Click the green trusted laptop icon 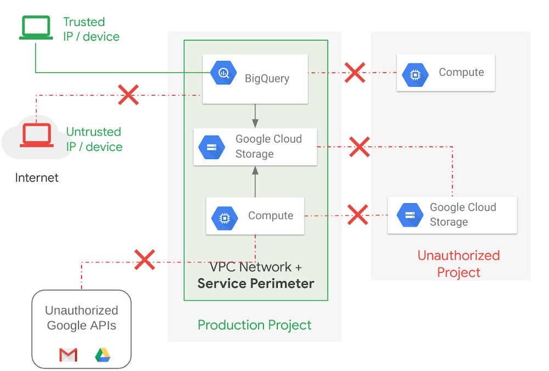(x=36, y=27)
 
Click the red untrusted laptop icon (x=36, y=136)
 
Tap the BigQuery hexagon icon (x=223, y=72)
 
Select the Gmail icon (x=68, y=356)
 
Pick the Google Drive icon (x=103, y=355)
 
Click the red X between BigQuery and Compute (x=355, y=72)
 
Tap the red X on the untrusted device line (x=128, y=95)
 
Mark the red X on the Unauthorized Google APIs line (x=144, y=260)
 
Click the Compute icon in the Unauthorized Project (x=415, y=75)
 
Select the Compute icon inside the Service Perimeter (x=225, y=218)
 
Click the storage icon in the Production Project (x=212, y=147)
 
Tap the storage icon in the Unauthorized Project (x=410, y=215)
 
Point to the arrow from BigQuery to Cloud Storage (x=255, y=116)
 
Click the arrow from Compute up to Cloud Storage (x=255, y=181)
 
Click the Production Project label (x=254, y=325)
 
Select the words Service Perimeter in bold (x=256, y=283)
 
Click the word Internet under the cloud (x=37, y=177)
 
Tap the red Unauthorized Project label (x=458, y=263)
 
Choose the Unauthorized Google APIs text (x=81, y=318)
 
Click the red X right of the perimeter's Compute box (x=358, y=215)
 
